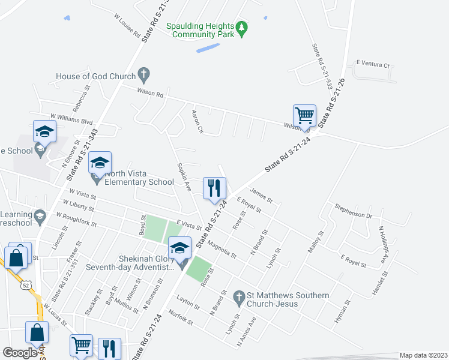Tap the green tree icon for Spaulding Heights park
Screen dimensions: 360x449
[241, 28]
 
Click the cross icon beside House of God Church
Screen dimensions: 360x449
[143, 75]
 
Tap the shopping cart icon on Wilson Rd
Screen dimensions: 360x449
[305, 115]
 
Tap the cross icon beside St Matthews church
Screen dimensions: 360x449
[238, 296]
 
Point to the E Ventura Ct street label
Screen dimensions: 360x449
[373, 63]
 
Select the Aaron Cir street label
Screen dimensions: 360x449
[197, 122]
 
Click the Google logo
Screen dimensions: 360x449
[20, 353]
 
